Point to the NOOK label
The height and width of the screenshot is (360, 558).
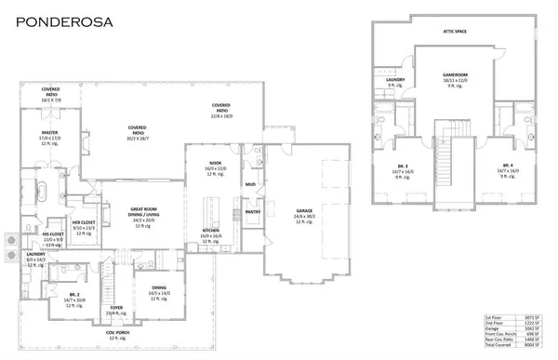coord(213,164)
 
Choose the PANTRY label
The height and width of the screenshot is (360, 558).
coord(252,211)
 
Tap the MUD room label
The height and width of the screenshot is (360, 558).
coord(250,184)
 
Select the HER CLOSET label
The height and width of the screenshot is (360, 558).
coord(84,223)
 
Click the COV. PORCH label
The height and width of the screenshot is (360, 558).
coord(117,331)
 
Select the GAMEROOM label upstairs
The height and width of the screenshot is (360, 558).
coord(455,77)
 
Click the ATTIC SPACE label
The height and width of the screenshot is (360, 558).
coord(455,31)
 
